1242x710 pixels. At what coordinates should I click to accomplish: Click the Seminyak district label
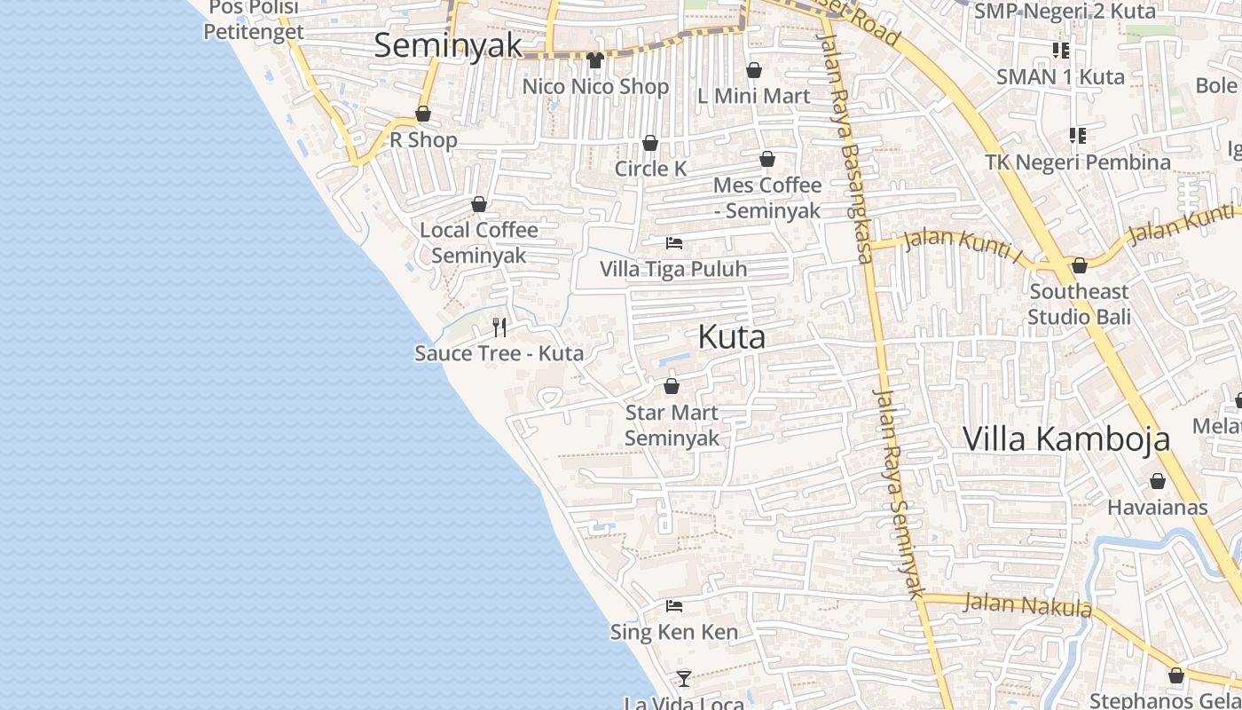447,45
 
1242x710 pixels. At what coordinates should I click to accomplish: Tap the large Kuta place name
731,337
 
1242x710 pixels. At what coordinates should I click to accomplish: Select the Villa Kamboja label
1065,438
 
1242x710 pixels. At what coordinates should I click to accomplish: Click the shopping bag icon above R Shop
423,114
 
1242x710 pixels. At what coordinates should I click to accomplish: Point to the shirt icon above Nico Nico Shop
594,60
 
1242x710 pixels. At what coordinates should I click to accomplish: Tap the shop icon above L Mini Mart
754,70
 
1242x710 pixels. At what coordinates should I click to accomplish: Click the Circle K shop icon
650,143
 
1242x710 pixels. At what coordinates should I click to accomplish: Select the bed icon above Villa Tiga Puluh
674,242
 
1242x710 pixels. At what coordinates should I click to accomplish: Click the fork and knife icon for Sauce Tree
499,327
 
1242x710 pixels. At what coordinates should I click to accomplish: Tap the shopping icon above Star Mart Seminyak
672,386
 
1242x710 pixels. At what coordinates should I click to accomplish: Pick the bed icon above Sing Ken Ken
674,606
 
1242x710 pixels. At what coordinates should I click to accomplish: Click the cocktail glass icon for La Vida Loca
683,678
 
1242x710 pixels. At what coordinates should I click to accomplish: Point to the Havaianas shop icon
1157,481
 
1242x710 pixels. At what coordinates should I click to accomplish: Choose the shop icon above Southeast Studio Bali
1080,265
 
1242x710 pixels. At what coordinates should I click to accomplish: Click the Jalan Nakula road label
1027,605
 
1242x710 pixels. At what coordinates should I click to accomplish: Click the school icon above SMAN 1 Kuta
1060,50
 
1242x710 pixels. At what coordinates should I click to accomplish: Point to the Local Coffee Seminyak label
479,242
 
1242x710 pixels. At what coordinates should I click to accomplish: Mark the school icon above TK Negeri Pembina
1078,136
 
